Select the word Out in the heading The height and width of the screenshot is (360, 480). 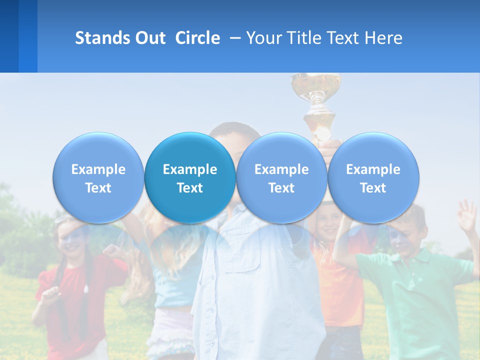click(148, 38)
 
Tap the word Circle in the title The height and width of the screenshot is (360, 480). click(197, 38)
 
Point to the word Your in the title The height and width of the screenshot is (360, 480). click(263, 38)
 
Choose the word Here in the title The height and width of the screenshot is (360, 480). click(383, 38)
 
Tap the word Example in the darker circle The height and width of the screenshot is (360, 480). click(190, 169)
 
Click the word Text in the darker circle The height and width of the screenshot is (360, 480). click(190, 188)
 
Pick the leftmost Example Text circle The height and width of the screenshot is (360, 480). click(98, 177)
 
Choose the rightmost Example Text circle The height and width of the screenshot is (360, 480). click(373, 177)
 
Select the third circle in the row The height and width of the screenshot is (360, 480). click(281, 177)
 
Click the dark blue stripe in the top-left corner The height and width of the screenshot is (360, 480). click(9, 36)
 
